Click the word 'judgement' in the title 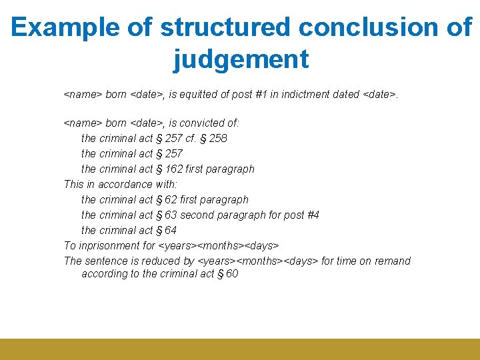tap(241, 59)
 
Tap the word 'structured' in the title tap(225, 27)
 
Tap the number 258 tap(217, 139)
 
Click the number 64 tap(170, 231)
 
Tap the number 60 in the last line tap(231, 274)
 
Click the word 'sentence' tap(105, 261)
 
